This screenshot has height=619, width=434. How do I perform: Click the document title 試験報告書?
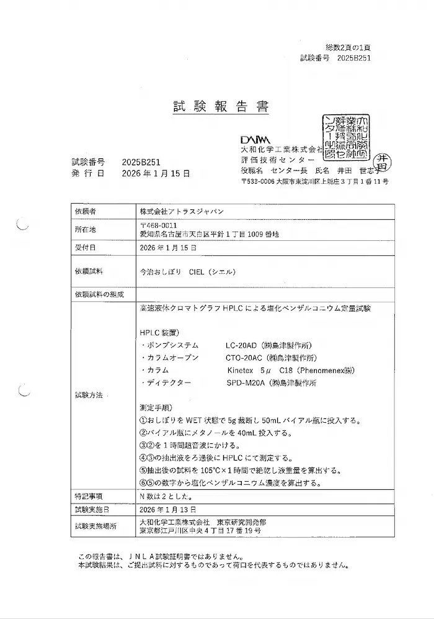click(221, 107)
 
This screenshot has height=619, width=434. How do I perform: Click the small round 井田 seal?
click(383, 163)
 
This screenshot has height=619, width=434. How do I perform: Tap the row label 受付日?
click(85, 247)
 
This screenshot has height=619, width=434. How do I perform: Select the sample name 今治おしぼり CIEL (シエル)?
click(188, 271)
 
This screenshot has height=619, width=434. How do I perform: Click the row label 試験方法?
click(89, 394)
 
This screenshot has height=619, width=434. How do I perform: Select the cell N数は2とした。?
click(162, 496)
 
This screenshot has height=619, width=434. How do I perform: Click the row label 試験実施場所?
click(93, 526)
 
